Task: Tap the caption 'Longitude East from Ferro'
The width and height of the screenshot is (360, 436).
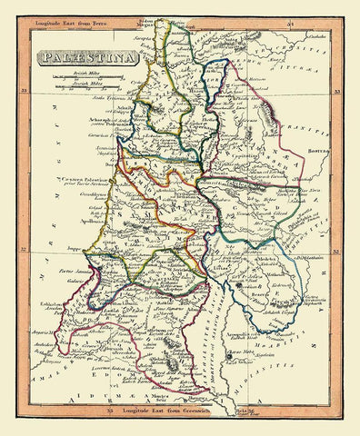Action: point(90,14)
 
